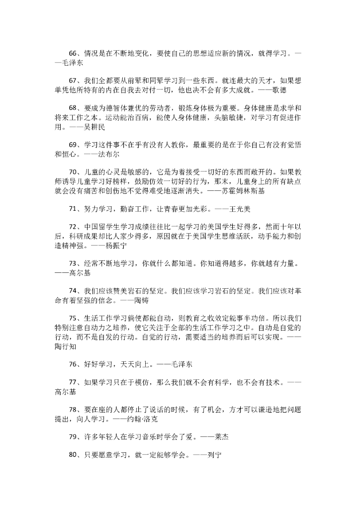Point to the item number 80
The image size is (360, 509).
click(x=74, y=454)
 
